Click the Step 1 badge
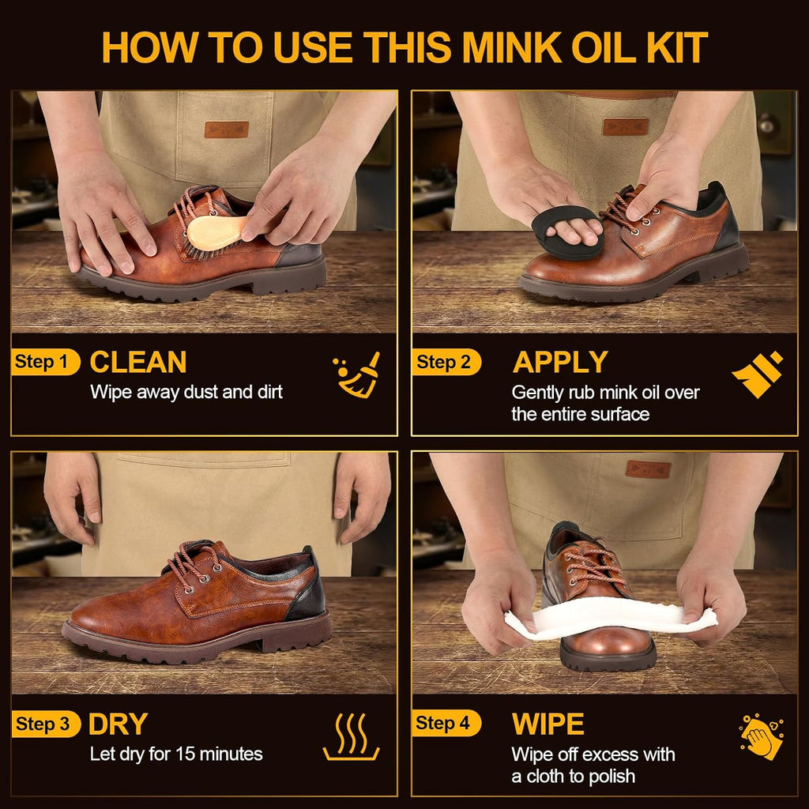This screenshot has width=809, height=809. tap(45, 362)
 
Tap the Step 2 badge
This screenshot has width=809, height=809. tap(446, 362)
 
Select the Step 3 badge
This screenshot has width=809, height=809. tap(46, 724)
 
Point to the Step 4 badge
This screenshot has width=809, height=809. tap(446, 724)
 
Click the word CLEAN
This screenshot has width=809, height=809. tap(138, 362)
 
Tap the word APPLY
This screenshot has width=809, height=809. tap(560, 362)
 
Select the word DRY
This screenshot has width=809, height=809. tap(119, 724)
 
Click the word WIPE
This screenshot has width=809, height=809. tap(548, 724)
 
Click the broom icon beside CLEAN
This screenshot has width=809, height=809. tap(357, 374)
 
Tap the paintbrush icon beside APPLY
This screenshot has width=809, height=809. tap(758, 374)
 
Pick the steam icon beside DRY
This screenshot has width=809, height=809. tap(352, 737)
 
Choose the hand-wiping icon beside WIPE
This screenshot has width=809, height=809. tap(762, 737)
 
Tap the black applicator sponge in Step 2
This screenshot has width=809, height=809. tap(566, 233)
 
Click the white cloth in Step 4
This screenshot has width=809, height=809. tap(611, 619)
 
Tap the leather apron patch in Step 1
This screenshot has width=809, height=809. tap(227, 130)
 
